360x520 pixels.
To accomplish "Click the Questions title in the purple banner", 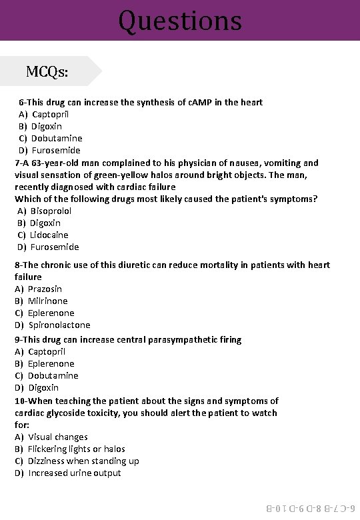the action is coord(180,21).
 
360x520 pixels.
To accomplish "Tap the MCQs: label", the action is coord(47,71).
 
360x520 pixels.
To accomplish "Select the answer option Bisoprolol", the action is coord(51,211).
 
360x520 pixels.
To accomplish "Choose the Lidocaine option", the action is coord(49,235).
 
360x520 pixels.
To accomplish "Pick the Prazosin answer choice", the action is coord(45,289).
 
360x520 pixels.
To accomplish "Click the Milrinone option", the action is coord(47,301).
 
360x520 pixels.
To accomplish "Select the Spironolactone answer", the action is coord(59,325).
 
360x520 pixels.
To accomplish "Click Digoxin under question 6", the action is coord(47,126).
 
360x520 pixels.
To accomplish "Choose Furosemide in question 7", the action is coord(55,247).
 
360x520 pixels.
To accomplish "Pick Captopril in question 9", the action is coord(47,351).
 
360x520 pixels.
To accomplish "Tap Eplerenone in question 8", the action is coord(51,313).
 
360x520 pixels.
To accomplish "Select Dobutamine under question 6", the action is coord(57,138).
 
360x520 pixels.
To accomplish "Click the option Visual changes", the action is coord(57,437).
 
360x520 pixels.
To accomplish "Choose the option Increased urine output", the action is coord(75,473).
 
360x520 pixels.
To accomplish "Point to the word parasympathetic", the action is coord(171,339).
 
